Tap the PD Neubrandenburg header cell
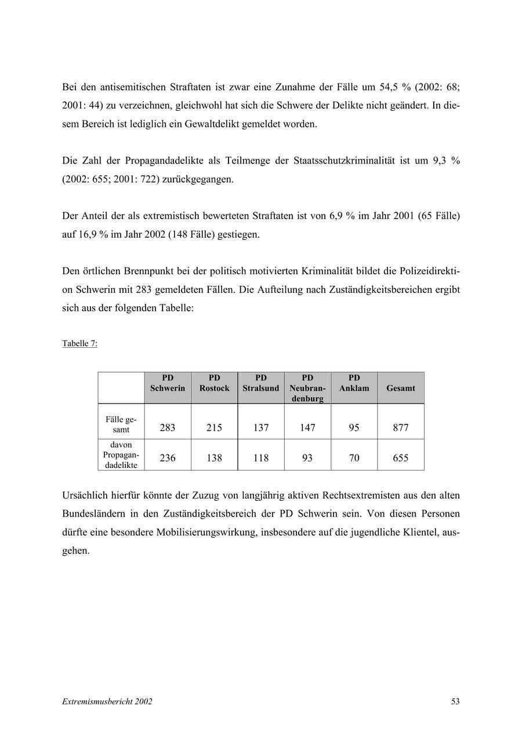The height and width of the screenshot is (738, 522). point(307,388)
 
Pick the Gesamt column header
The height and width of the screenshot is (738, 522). point(401,388)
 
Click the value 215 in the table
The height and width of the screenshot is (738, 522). point(214,428)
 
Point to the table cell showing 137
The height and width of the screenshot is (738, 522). point(261,428)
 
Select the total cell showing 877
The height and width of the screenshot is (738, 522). point(401,428)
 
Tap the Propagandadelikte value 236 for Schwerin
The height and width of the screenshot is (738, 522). point(168,458)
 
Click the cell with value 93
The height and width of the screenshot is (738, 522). point(307,458)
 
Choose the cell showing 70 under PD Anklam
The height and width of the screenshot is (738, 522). point(354,458)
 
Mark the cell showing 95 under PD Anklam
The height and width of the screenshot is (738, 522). point(354,428)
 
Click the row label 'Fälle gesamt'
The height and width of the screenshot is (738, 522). point(121,424)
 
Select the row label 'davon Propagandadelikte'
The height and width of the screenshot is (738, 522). point(121,455)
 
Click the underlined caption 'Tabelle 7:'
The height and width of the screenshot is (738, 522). point(79,343)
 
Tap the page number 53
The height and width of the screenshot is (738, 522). point(455,701)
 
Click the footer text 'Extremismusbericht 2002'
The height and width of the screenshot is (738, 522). point(107,701)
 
